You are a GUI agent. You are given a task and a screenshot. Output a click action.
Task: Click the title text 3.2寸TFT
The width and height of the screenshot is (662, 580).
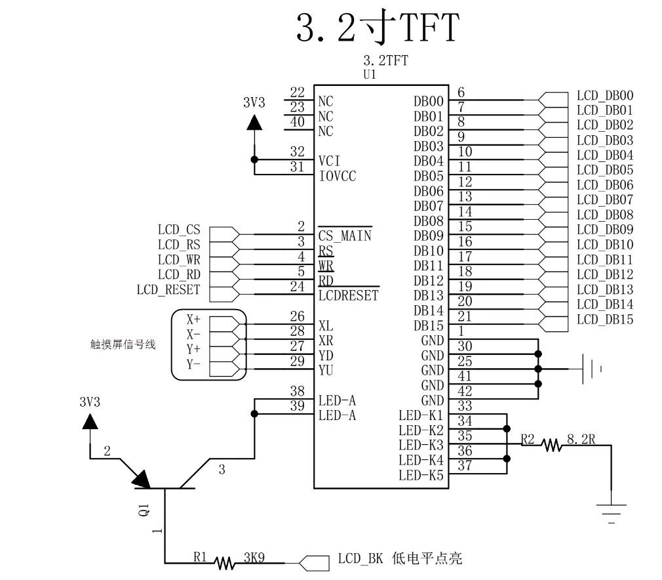pyautogui.click(x=378, y=27)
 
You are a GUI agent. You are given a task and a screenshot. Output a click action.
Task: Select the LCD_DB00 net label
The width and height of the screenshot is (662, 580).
pyautogui.click(x=605, y=96)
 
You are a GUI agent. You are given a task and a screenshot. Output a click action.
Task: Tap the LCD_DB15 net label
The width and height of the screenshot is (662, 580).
pyautogui.click(x=605, y=320)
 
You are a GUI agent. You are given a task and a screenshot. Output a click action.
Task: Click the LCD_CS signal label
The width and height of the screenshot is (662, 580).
pyautogui.click(x=179, y=230)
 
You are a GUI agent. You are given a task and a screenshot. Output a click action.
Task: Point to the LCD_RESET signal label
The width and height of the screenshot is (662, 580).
pyautogui.click(x=168, y=290)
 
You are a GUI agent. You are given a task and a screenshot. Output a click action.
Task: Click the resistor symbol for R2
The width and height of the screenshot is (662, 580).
pyautogui.click(x=552, y=445)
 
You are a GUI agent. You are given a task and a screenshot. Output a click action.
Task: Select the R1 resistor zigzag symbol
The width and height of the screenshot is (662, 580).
pyautogui.click(x=224, y=563)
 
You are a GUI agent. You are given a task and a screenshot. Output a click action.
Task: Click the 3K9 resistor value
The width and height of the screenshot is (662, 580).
pyautogui.click(x=254, y=558)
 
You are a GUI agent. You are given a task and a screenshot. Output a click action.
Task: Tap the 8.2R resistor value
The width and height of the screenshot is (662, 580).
pyautogui.click(x=581, y=440)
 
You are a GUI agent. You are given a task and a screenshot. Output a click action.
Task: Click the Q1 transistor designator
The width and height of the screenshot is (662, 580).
pyautogui.click(x=144, y=509)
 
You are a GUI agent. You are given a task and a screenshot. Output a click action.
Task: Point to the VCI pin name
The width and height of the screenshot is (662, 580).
pyautogui.click(x=329, y=161)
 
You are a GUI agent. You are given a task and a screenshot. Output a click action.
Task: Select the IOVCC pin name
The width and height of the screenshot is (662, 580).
pyautogui.click(x=338, y=176)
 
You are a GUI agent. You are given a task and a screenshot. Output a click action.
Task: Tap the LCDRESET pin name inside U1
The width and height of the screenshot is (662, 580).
pyautogui.click(x=348, y=295)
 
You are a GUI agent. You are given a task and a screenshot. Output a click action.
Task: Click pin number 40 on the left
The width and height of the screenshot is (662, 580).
pyautogui.click(x=297, y=122)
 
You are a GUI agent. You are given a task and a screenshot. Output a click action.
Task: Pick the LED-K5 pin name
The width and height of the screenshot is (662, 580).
pyautogui.click(x=421, y=475)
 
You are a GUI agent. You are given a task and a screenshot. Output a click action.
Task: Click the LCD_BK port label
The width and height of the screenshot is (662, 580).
pyautogui.click(x=360, y=559)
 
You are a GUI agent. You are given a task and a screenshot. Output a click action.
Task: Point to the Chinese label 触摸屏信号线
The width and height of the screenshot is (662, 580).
pyautogui.click(x=123, y=344)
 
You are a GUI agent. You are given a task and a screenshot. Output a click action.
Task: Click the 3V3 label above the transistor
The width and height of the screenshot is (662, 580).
pyautogui.click(x=90, y=402)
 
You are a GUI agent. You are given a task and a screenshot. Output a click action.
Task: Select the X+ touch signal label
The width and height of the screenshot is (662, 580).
pyautogui.click(x=193, y=319)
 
